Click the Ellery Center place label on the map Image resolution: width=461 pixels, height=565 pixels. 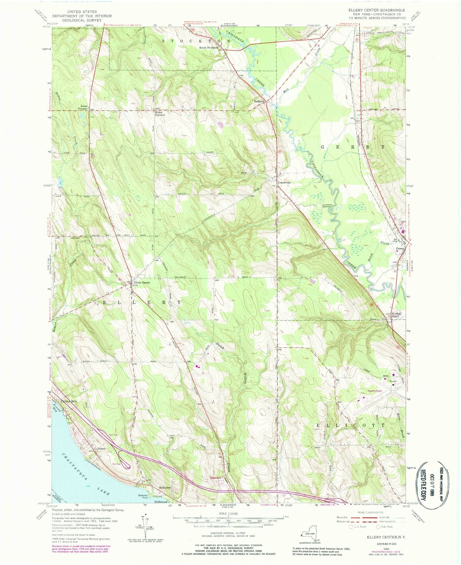(x=142, y=282)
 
